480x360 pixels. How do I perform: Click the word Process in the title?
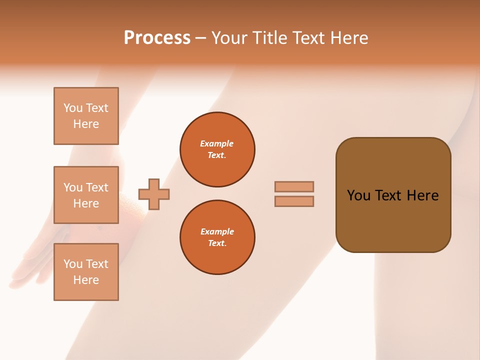click(x=157, y=38)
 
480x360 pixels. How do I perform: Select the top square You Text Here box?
click(x=86, y=116)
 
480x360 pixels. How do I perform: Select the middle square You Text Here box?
click(x=86, y=195)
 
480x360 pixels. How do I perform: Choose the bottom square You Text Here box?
click(x=86, y=272)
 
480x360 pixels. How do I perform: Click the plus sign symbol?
click(x=154, y=194)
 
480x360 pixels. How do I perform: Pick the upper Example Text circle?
click(x=217, y=149)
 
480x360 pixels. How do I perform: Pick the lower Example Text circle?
click(x=217, y=237)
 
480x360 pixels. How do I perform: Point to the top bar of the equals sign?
click(x=294, y=186)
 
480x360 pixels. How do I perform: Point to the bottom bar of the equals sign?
click(x=294, y=201)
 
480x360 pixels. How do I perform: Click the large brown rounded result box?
click(x=393, y=220)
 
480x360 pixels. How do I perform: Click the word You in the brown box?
click(x=358, y=195)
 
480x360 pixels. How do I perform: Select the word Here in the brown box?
click(x=423, y=195)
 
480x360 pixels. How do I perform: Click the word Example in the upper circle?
click(x=217, y=144)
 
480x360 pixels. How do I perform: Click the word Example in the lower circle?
click(x=217, y=232)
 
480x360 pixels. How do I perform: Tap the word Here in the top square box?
click(x=86, y=124)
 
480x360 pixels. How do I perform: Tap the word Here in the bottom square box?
click(x=86, y=280)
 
